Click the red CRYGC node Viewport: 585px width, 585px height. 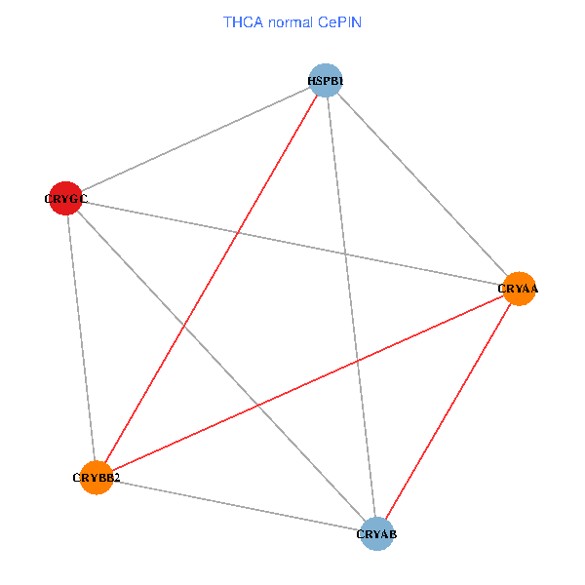point(65,198)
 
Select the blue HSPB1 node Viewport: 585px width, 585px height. point(326,80)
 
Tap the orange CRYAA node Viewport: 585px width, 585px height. point(519,289)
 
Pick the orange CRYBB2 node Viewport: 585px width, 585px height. point(97,478)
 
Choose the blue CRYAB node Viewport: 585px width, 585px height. point(376,533)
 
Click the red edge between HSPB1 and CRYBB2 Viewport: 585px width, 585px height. point(211,279)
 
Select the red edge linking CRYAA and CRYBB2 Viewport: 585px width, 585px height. point(307,383)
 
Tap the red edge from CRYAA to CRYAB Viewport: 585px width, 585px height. point(448,410)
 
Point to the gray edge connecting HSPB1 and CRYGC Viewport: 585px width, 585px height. point(195,139)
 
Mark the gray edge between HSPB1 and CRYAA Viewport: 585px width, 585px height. point(422,184)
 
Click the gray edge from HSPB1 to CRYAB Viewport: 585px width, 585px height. point(351,306)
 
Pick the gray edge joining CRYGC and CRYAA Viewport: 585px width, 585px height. point(292,244)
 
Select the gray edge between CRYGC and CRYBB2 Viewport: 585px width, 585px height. point(81,337)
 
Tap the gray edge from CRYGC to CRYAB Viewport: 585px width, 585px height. point(220,366)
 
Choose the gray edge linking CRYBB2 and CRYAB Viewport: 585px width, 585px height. point(236,505)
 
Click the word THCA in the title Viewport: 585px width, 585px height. point(243,21)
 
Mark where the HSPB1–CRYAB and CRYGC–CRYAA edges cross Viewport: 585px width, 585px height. point(344,254)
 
